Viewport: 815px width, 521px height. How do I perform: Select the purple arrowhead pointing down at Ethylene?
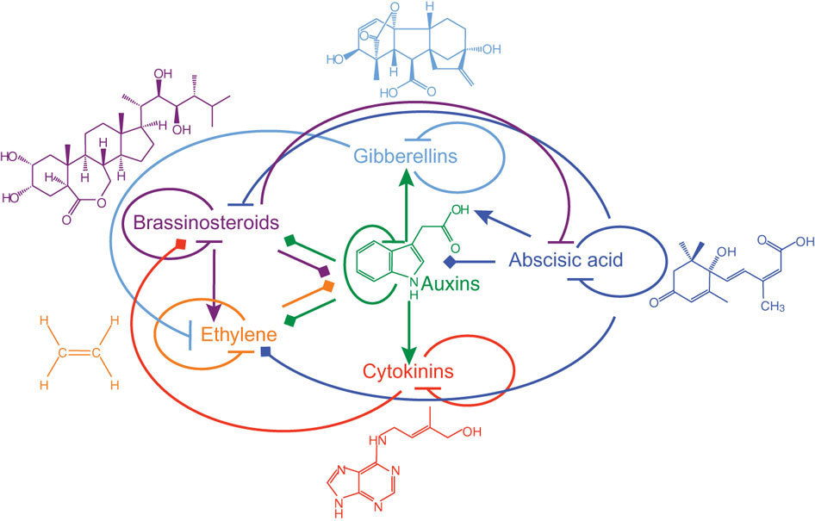(211, 305)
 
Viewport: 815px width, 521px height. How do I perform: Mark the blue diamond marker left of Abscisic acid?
(449, 260)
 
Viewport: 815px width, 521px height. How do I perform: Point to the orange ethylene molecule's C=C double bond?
(77, 352)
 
